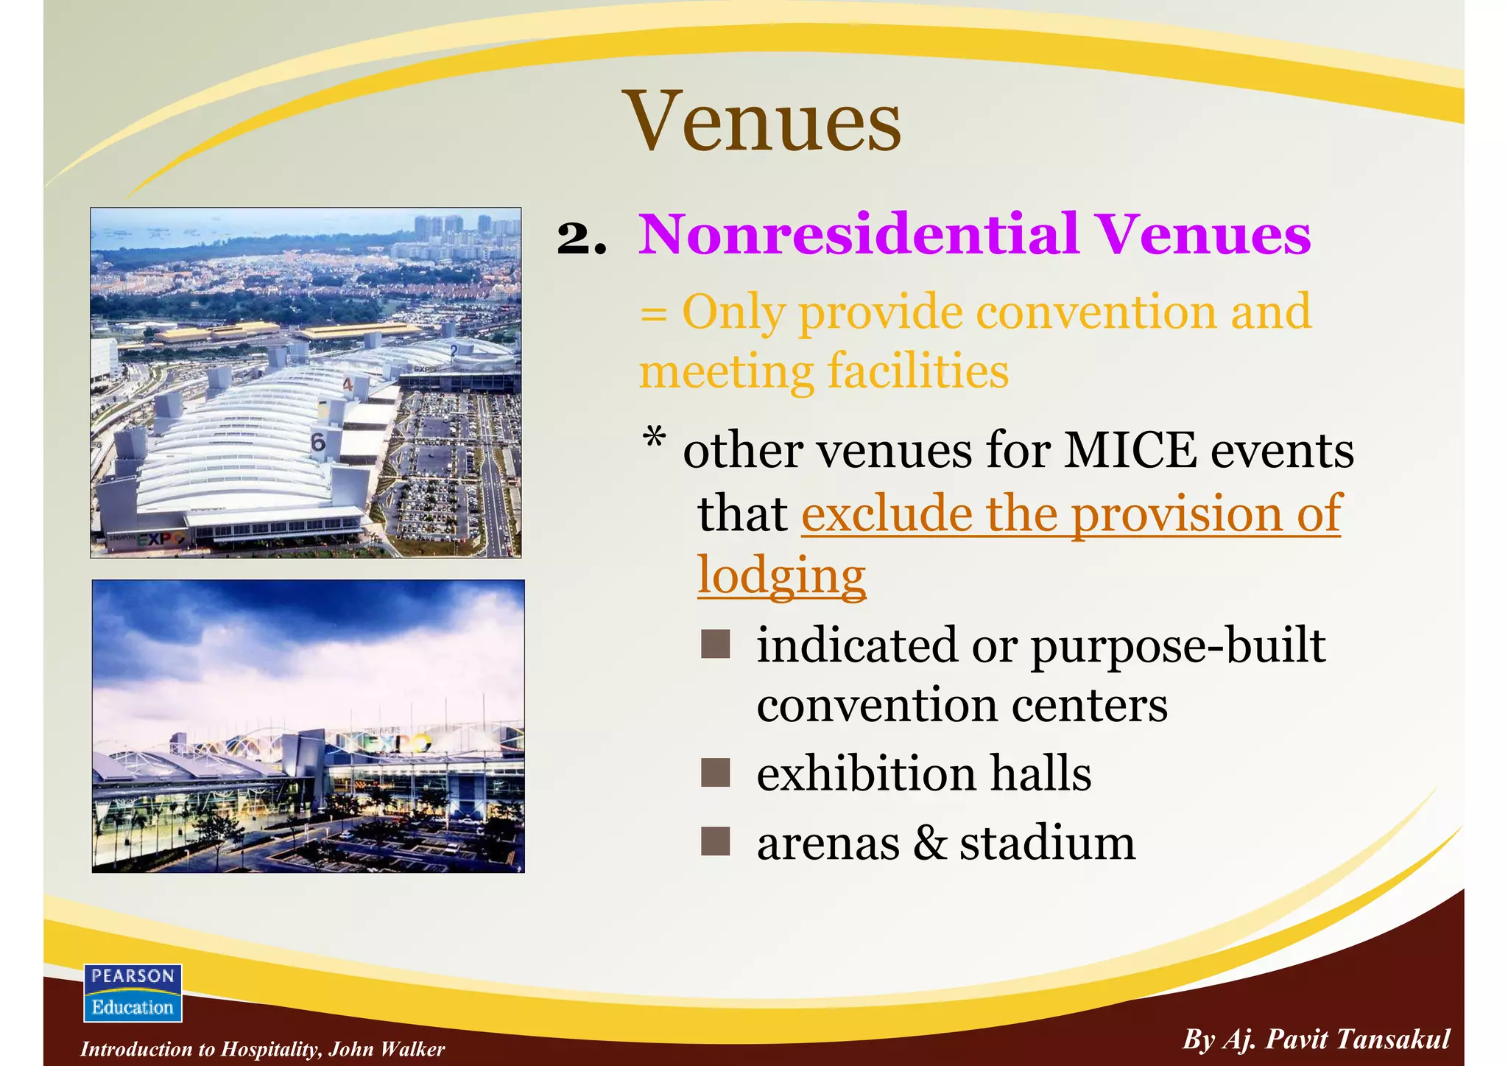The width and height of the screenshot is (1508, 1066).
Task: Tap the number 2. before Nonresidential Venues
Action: (582, 238)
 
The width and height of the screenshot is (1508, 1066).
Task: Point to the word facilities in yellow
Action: (918, 371)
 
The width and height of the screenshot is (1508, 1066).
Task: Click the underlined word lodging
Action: (781, 575)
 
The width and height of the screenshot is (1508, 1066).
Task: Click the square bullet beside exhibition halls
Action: (715, 774)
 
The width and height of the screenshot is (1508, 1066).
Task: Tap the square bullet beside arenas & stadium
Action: (715, 841)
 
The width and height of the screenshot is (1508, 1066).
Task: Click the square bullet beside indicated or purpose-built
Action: (715, 644)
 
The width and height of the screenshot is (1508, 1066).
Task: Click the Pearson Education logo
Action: (133, 992)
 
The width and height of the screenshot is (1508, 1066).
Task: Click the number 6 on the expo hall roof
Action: (318, 443)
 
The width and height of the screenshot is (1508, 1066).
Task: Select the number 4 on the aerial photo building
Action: (348, 384)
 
